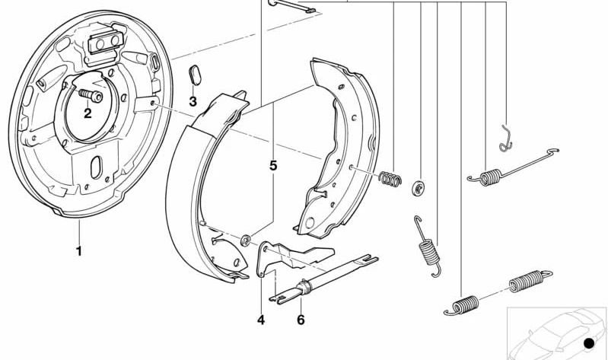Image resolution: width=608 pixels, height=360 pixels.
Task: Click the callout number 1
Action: [78, 250]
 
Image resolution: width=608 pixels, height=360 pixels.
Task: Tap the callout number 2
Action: [88, 113]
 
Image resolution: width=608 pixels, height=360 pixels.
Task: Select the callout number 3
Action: [193, 101]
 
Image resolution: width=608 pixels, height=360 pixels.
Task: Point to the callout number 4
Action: [261, 320]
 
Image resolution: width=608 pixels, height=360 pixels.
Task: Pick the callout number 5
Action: [272, 164]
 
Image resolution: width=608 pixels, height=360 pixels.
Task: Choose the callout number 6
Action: [301, 320]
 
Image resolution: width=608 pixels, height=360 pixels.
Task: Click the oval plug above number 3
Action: [193, 77]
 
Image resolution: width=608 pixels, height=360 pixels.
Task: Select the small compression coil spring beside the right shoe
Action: [390, 179]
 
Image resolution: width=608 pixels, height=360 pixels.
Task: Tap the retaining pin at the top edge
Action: [291, 7]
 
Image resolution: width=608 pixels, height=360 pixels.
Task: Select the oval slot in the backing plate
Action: [98, 167]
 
